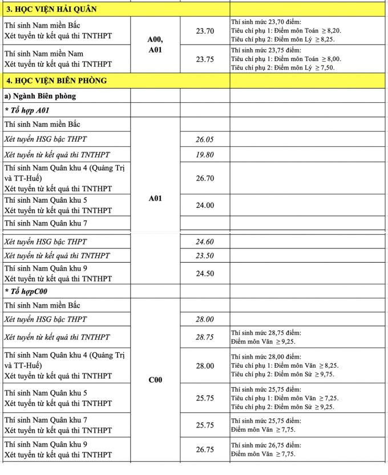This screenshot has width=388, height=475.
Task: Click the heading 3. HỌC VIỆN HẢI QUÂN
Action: point(51,9)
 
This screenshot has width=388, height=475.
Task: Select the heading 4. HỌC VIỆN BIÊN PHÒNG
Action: point(56,80)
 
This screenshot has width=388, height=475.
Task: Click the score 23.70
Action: point(205,31)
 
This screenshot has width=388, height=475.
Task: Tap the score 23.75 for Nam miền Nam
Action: point(205,59)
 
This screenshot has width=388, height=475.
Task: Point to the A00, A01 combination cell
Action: point(155,45)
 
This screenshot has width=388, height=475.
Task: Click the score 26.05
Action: point(205,139)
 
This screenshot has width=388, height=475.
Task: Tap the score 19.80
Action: point(205,154)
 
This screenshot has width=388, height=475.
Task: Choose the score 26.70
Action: point(205,178)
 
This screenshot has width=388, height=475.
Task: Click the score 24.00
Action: point(205,205)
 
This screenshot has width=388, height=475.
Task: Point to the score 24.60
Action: point(205,241)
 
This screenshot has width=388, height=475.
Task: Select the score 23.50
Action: point(205,256)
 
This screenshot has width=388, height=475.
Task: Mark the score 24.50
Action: point(205,273)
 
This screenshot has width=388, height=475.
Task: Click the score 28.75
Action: point(205,337)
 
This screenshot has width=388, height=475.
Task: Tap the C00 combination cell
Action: point(155,379)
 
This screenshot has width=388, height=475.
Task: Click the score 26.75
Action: point(205,449)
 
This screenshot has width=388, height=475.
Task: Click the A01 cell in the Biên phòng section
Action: point(155,199)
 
